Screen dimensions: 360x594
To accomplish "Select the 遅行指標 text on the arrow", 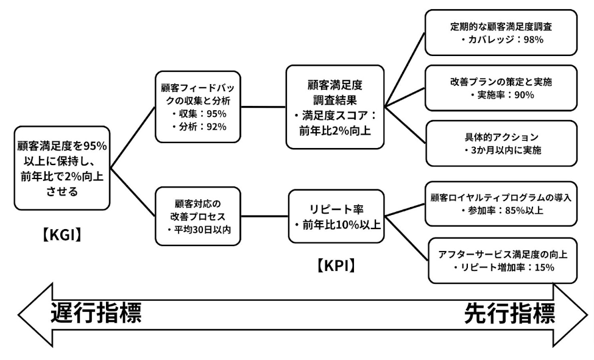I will coord(96,313).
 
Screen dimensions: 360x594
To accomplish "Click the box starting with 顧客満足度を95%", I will coord(62,168).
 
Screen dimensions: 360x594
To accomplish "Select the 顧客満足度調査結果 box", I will coord(335,106).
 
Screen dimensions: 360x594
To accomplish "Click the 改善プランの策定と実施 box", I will coord(501,88).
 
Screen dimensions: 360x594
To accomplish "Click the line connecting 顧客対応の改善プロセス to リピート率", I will coord(266,216).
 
